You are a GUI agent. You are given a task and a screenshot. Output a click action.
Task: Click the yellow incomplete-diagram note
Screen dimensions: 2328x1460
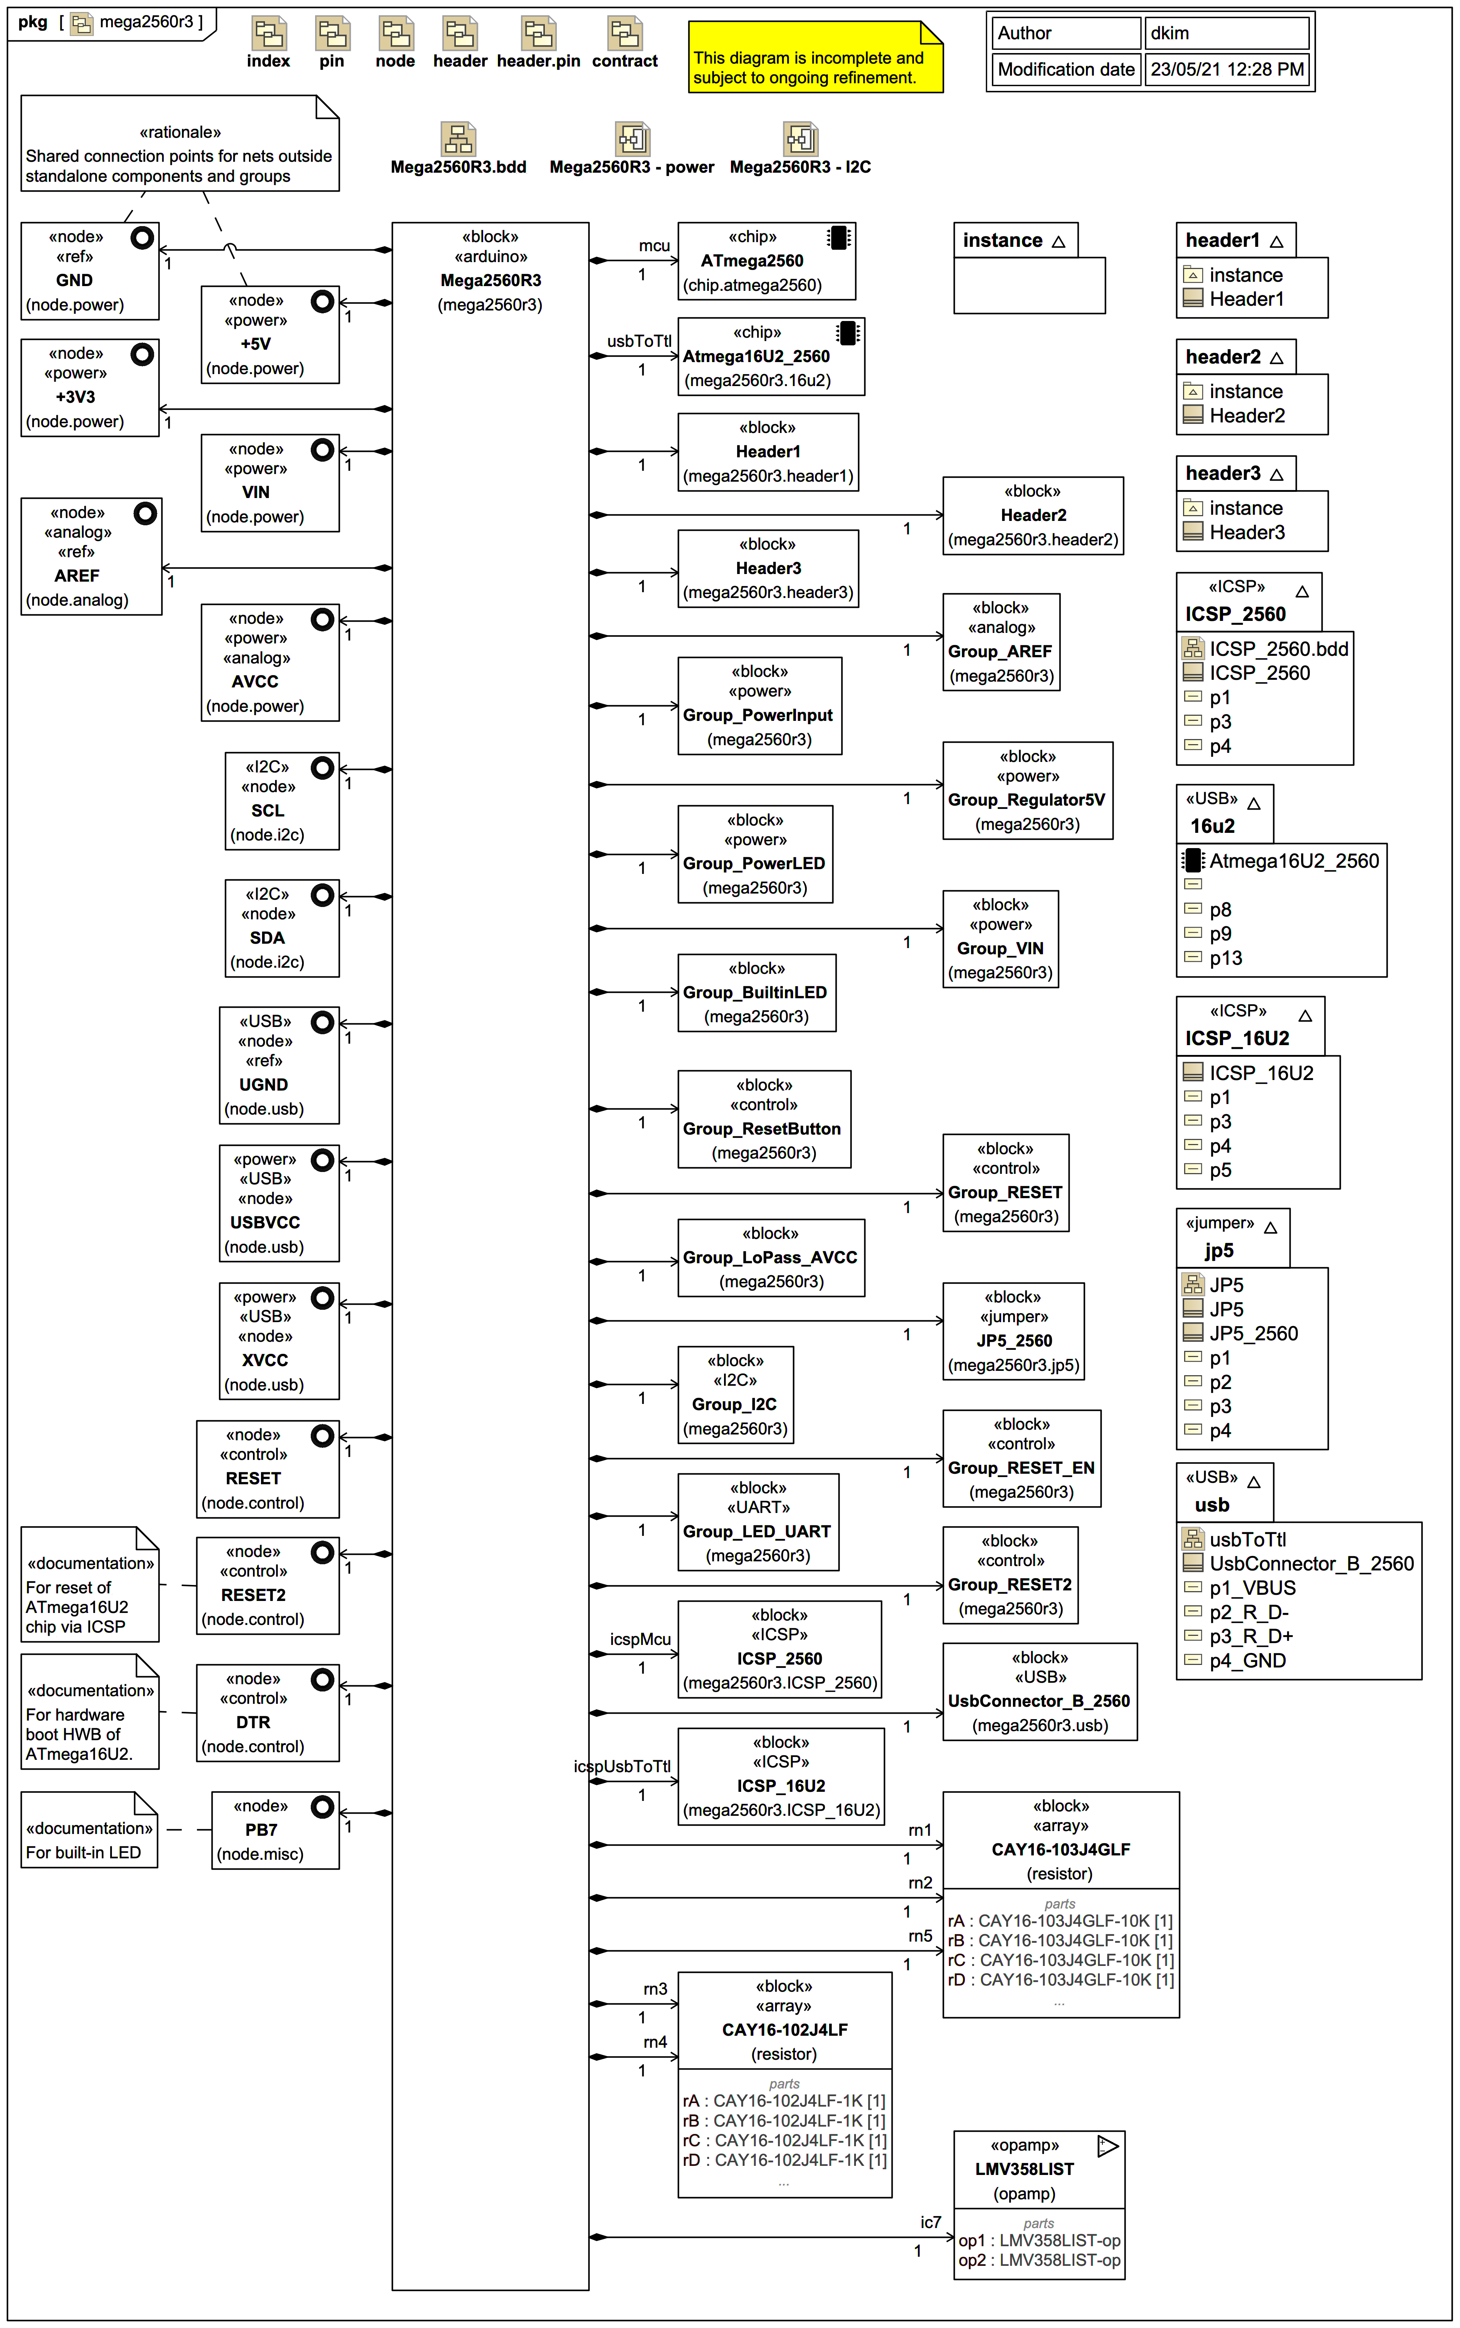(x=814, y=58)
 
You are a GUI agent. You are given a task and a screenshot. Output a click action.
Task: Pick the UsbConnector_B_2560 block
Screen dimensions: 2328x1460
(x=1039, y=1692)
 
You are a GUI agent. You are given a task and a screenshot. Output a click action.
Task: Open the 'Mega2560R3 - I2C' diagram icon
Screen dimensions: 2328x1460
(x=800, y=139)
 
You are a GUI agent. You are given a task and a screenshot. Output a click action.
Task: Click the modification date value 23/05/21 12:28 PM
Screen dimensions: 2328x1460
(x=1226, y=69)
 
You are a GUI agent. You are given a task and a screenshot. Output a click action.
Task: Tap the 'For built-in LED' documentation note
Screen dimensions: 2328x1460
(x=89, y=1831)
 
